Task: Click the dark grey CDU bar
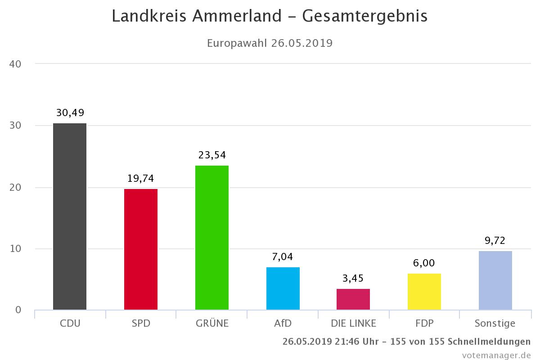tap(70, 216)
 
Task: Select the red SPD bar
tap(141, 249)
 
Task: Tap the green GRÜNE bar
tap(212, 238)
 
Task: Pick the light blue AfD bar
tap(283, 288)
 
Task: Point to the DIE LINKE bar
tap(353, 299)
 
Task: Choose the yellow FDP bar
tap(424, 292)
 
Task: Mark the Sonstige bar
tap(495, 280)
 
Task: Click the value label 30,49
tap(70, 112)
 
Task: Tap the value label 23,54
tap(212, 155)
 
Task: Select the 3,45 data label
tap(353, 279)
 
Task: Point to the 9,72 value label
tap(495, 241)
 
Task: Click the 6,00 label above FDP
tap(424, 263)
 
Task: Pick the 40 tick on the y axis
tap(15, 64)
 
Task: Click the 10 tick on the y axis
tap(15, 249)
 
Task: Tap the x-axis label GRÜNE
tap(212, 323)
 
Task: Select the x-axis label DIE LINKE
tap(353, 323)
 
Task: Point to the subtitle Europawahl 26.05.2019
tap(270, 43)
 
